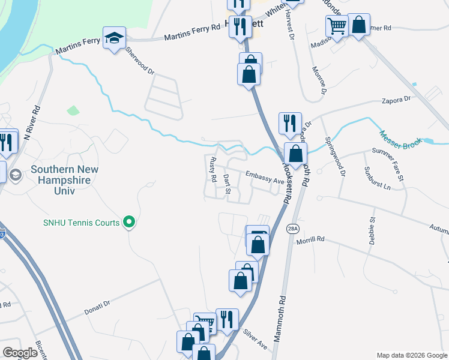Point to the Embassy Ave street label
[x=263, y=177]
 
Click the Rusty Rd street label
[x=212, y=170]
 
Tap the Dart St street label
[x=227, y=185]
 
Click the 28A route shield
[x=292, y=229]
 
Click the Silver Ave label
[x=255, y=340]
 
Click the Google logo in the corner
[x=20, y=353]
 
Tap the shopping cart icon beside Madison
[x=337, y=26]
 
